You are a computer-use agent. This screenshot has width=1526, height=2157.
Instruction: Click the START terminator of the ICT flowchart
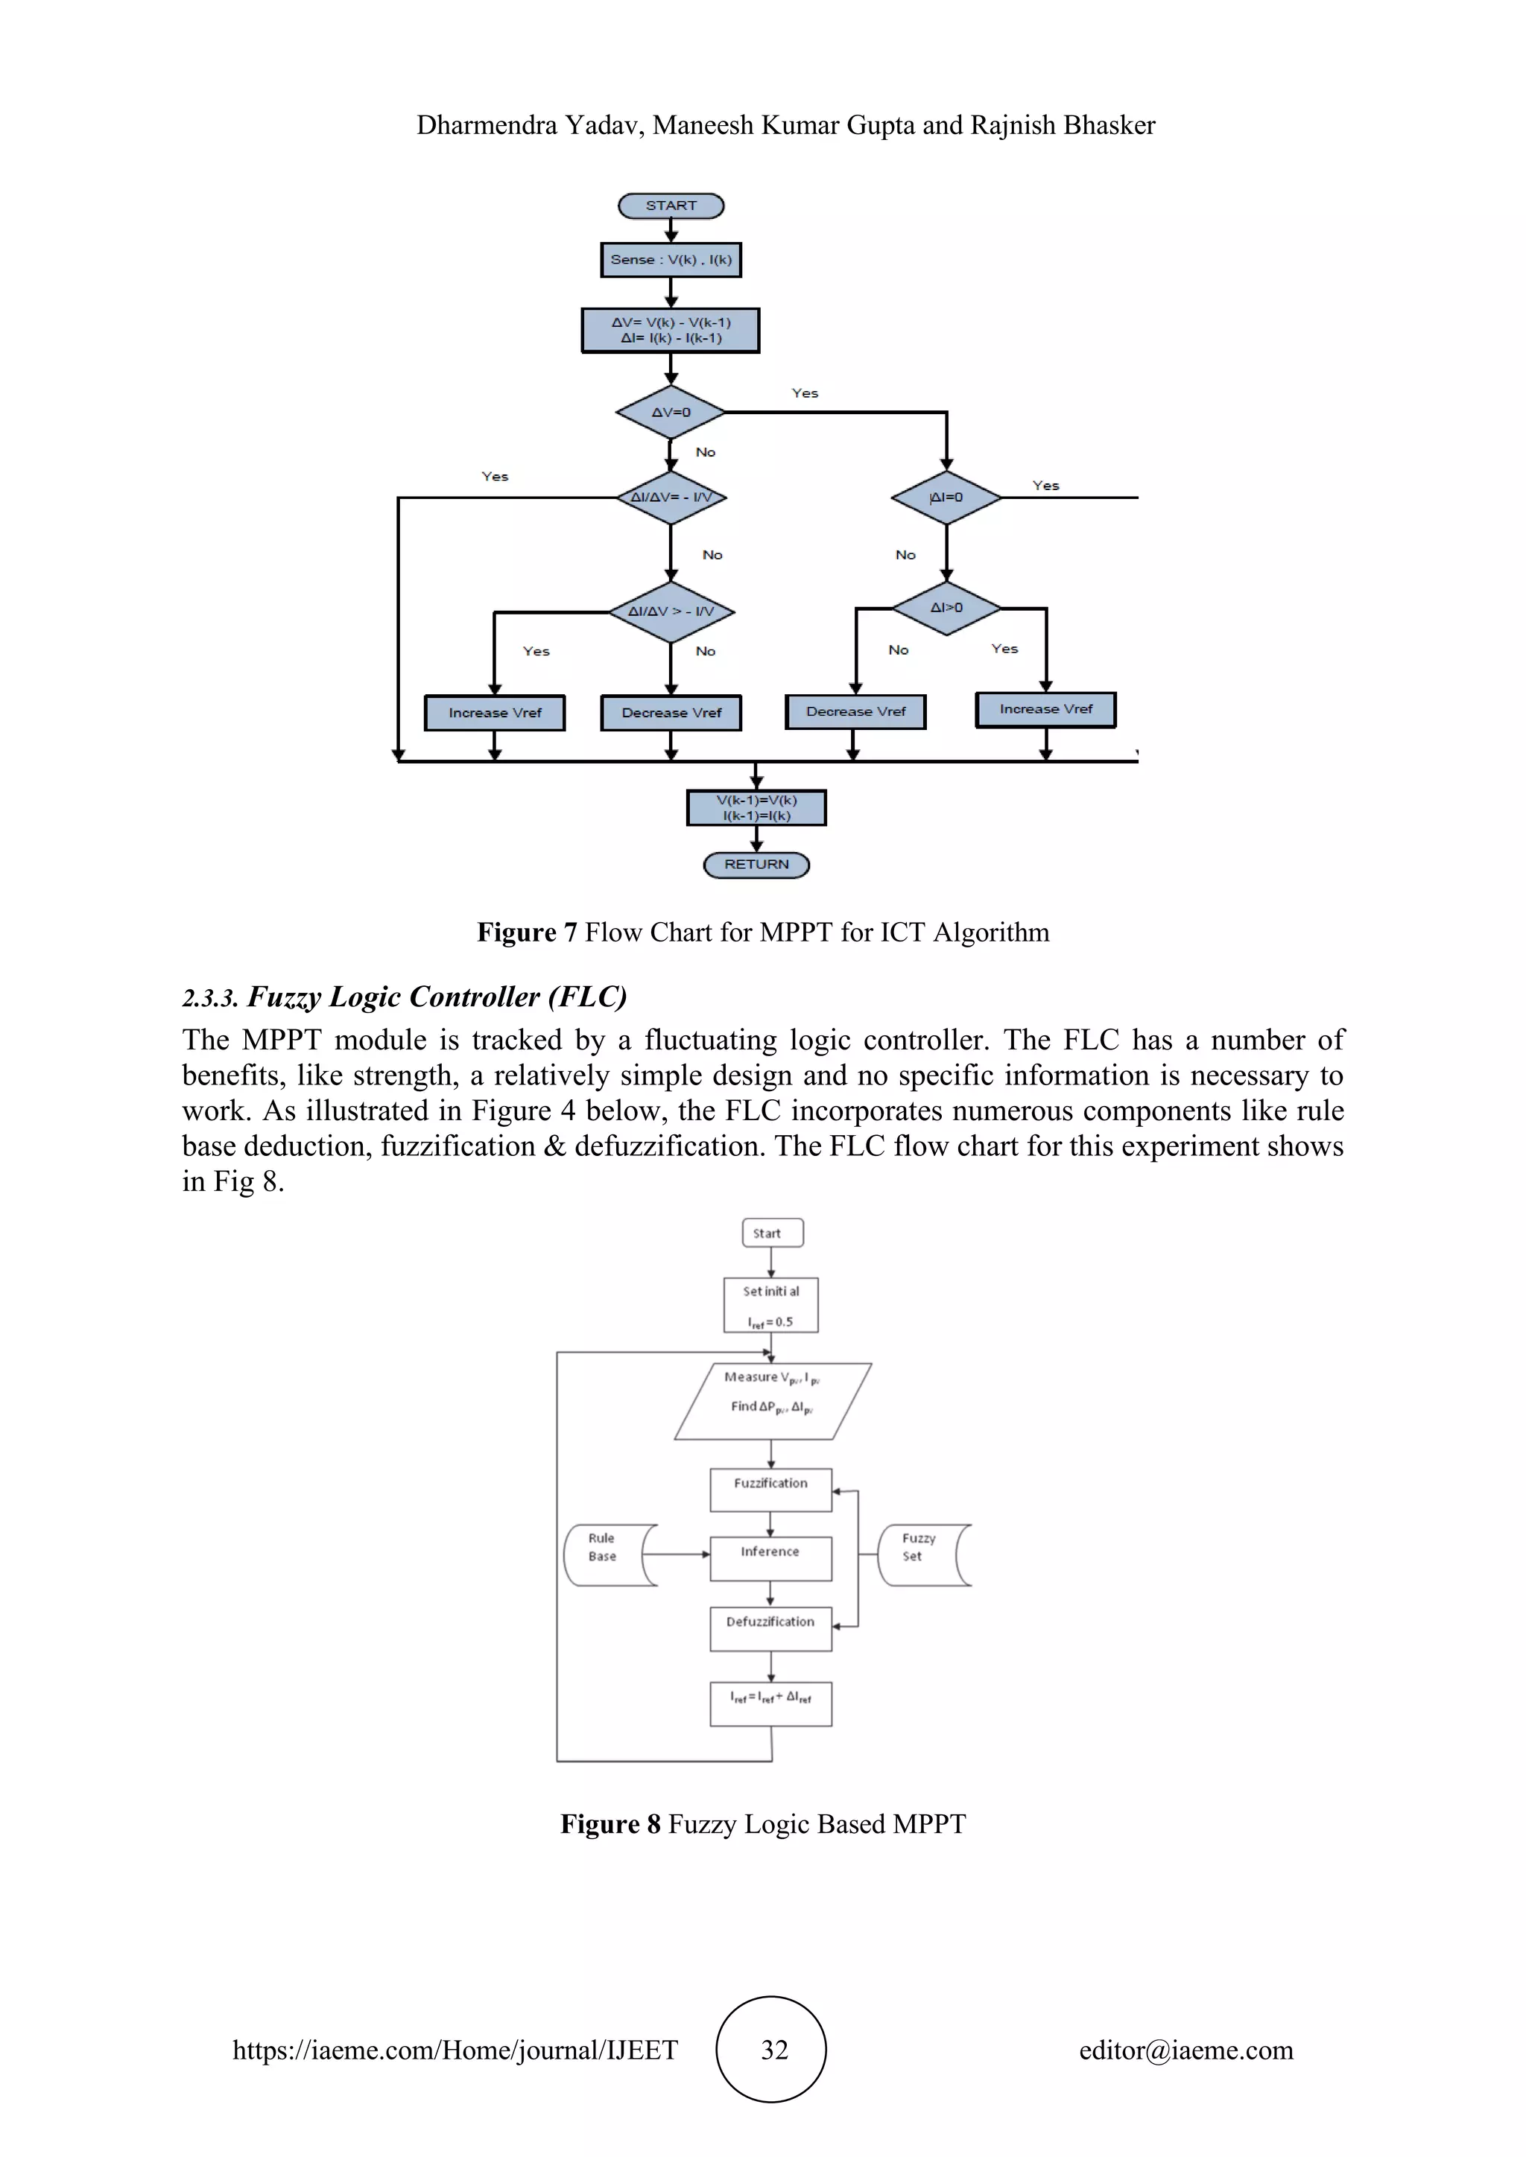[671, 206]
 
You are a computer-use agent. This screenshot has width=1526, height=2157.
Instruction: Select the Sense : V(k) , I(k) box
[671, 260]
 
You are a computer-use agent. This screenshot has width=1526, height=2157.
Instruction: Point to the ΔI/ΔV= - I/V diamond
[671, 497]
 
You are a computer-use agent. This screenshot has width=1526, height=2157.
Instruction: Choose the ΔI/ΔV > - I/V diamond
[671, 611]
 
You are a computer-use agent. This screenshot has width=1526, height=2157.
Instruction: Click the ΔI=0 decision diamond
[946, 497]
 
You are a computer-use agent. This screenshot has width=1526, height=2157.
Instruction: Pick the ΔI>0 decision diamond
[946, 608]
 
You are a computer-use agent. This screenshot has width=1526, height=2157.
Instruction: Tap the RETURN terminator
[756, 864]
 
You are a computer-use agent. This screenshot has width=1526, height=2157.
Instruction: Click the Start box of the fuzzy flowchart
[773, 1233]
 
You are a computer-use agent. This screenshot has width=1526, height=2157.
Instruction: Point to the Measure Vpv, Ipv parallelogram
[773, 1401]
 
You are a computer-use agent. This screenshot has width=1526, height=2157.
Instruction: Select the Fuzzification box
[770, 1490]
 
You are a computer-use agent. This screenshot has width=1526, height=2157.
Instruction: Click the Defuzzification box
[770, 1628]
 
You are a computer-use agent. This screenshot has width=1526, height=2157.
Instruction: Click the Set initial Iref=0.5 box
[771, 1305]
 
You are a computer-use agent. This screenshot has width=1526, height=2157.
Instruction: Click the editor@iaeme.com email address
[1185, 2050]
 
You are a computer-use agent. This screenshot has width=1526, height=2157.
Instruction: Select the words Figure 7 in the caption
[526, 932]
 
